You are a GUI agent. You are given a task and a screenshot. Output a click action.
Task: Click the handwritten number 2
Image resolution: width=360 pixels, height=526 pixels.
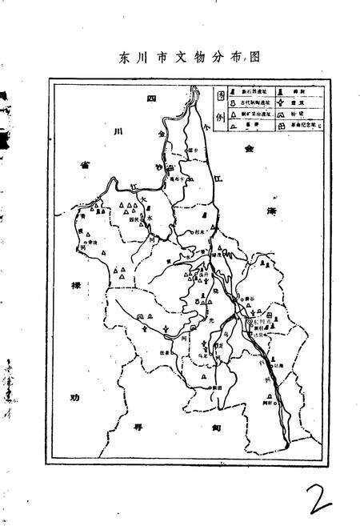[x=314, y=484]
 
